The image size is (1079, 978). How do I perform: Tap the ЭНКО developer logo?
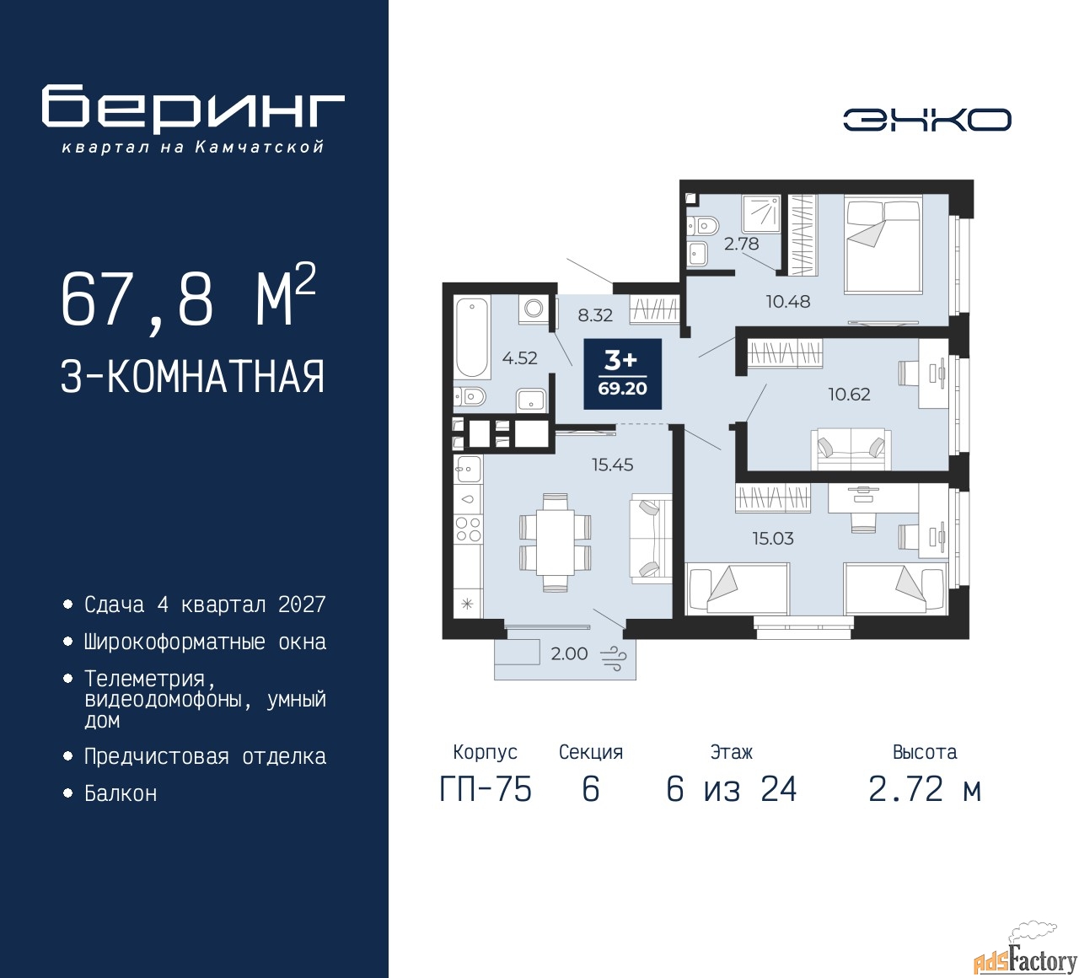click(926, 120)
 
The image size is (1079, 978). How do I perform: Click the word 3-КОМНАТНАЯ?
click(192, 377)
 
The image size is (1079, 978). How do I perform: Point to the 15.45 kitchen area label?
click(612, 465)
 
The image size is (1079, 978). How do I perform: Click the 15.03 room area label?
click(773, 539)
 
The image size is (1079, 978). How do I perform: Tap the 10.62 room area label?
click(849, 395)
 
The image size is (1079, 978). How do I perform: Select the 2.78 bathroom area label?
click(741, 244)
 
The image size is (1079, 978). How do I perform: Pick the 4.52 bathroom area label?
click(519, 358)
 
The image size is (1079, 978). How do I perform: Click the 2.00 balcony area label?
click(569, 653)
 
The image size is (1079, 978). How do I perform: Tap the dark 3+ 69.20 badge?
click(622, 373)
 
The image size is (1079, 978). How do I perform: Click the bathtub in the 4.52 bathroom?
click(472, 337)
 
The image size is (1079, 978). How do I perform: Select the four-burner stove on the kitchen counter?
click(469, 529)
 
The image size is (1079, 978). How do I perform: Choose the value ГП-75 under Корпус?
click(486, 789)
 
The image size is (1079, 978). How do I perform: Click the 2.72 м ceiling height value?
click(925, 789)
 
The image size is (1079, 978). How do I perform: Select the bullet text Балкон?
click(121, 793)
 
